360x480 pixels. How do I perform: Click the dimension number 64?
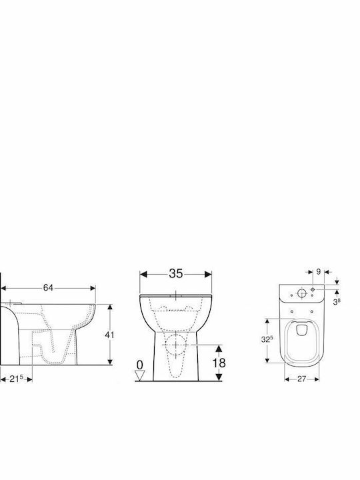[48, 288]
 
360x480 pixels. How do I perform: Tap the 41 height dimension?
[109, 335]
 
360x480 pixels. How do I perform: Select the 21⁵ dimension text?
[16, 379]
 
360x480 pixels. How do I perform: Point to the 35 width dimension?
[176, 273]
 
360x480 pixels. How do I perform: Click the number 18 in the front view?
[219, 363]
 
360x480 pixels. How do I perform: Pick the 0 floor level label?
[139, 365]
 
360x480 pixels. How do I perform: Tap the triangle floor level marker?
[139, 375]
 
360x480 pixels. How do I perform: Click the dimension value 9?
[318, 271]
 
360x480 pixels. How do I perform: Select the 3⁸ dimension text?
[337, 302]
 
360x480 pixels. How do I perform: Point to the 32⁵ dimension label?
[266, 339]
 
